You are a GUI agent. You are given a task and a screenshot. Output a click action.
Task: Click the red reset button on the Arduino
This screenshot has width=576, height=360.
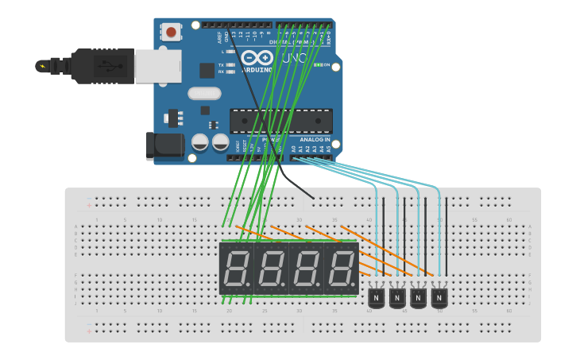point(171,33)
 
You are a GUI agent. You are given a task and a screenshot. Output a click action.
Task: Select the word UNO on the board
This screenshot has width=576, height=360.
point(294,58)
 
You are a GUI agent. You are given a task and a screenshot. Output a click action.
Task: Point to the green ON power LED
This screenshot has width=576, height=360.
point(319,65)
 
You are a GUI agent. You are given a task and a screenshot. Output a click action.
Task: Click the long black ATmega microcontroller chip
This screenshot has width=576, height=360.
point(281,121)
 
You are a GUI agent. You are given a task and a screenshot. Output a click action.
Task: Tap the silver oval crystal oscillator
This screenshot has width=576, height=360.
point(204,93)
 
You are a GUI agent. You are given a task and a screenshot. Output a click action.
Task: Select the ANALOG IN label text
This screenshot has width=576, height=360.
point(315,139)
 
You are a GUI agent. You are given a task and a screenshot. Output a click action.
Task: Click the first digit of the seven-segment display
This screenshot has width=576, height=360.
point(235,269)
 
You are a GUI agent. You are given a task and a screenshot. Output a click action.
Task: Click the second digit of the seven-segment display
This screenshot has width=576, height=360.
point(270,269)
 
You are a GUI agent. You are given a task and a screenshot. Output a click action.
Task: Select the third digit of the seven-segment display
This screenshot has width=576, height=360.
point(305,269)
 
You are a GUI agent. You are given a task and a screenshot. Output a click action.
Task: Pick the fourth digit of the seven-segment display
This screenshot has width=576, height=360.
point(340,269)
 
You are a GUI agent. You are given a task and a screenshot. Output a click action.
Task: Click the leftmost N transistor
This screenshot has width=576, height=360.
point(377,297)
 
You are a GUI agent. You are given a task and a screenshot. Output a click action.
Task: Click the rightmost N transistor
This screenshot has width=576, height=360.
point(439,297)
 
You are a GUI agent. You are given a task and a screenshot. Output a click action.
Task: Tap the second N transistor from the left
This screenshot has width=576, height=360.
point(397,297)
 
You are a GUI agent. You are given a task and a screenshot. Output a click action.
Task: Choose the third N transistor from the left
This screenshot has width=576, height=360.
point(418,297)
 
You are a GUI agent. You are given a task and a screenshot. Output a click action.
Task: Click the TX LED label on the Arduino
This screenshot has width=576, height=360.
point(221,65)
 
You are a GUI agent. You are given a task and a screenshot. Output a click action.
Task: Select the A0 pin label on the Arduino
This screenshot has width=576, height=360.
point(293,149)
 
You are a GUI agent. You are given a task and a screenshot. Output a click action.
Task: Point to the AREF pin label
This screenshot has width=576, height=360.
point(218,37)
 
